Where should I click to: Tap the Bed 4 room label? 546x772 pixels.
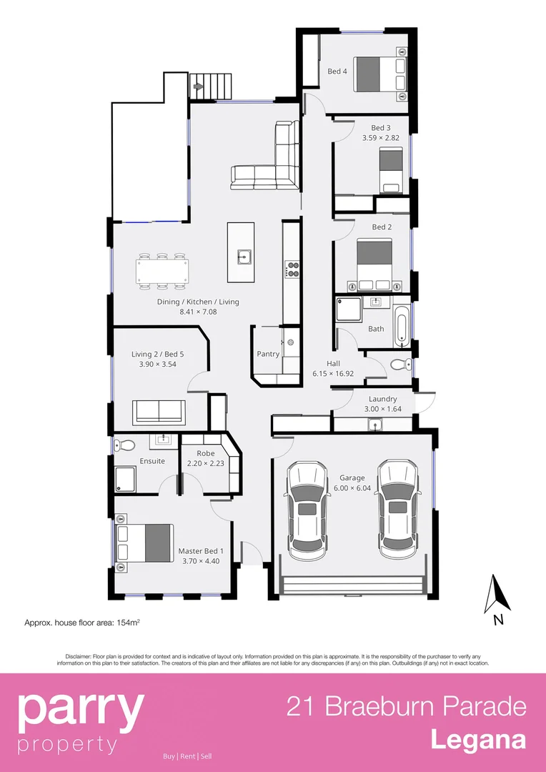pos(337,71)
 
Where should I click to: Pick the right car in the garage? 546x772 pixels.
pos(397,510)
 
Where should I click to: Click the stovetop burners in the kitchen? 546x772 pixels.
pos(292,269)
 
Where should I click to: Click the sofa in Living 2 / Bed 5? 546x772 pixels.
pos(159,411)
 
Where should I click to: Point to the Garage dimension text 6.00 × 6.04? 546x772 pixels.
pos(352,488)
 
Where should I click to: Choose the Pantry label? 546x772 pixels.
pos(268,354)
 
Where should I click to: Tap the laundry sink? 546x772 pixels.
pos(374,425)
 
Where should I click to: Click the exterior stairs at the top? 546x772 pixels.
pos(212,86)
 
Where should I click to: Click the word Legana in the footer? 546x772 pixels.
pos(477,740)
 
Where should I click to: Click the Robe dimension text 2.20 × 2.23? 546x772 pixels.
pos(206,463)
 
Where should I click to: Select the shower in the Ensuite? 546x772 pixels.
pos(126,477)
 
